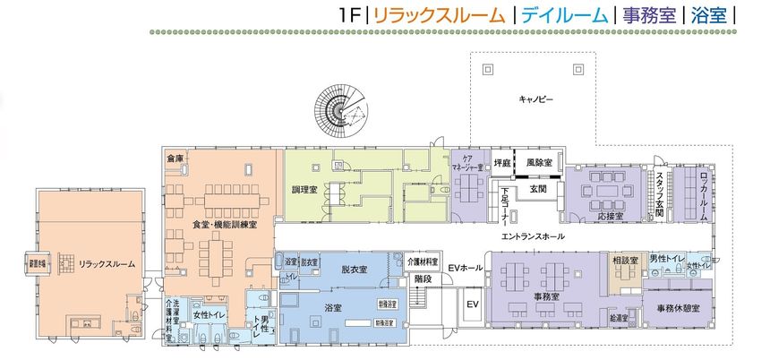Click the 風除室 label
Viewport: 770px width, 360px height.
[x=539, y=164]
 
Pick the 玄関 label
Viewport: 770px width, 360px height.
[x=537, y=189]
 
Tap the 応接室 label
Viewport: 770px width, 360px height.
[x=608, y=217]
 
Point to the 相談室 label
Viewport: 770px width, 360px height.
[x=623, y=259]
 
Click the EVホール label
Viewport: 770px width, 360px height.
[x=466, y=268]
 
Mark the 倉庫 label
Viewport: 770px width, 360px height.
[x=175, y=159]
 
